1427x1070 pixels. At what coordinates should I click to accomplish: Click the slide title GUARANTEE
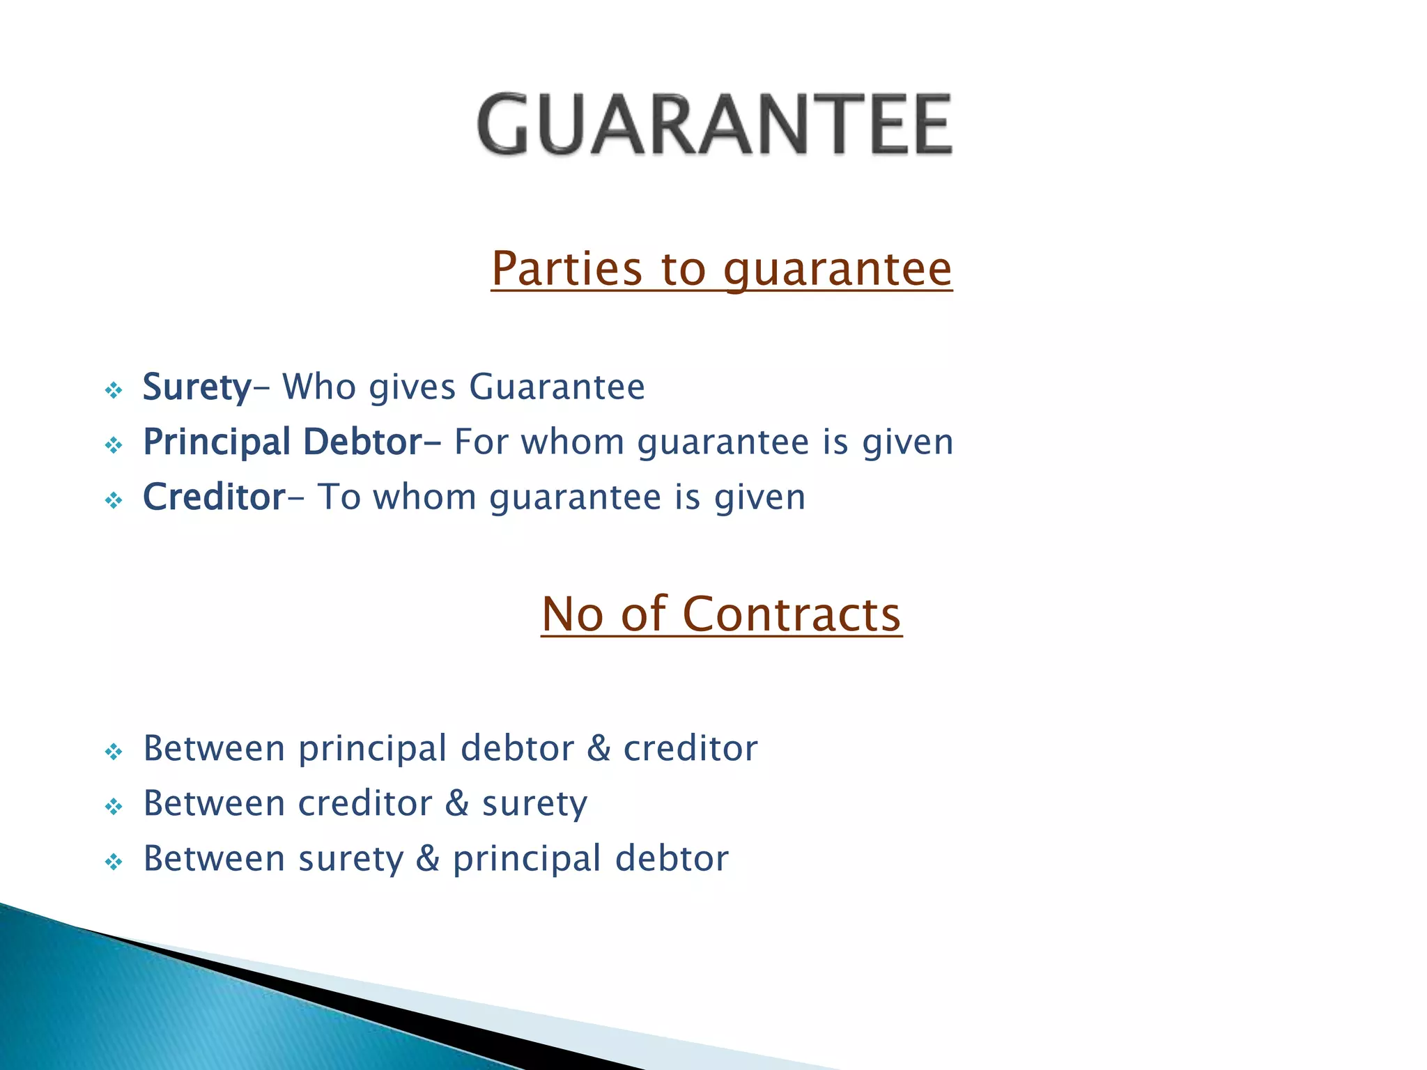tap(714, 125)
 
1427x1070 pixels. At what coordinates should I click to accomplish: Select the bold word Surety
tap(196, 387)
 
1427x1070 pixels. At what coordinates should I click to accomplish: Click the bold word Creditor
tap(214, 497)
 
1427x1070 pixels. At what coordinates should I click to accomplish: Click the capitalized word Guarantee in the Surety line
tap(557, 387)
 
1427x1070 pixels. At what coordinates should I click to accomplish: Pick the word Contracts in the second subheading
tap(792, 614)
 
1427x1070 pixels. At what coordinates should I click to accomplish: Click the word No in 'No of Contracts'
tap(572, 614)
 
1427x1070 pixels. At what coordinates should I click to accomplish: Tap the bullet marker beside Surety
tap(114, 390)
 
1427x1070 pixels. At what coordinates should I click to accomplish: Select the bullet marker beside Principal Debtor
tap(114, 445)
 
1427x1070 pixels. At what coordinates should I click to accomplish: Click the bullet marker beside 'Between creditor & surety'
tap(114, 807)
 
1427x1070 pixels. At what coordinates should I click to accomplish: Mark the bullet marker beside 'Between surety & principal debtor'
tap(114, 862)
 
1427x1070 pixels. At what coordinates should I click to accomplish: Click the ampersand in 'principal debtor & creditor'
tap(599, 749)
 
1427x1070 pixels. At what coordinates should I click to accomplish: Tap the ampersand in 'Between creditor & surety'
tap(456, 804)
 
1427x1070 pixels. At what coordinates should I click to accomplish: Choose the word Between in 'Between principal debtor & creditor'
tap(214, 749)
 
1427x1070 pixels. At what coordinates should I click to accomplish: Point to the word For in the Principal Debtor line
tap(480, 443)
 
